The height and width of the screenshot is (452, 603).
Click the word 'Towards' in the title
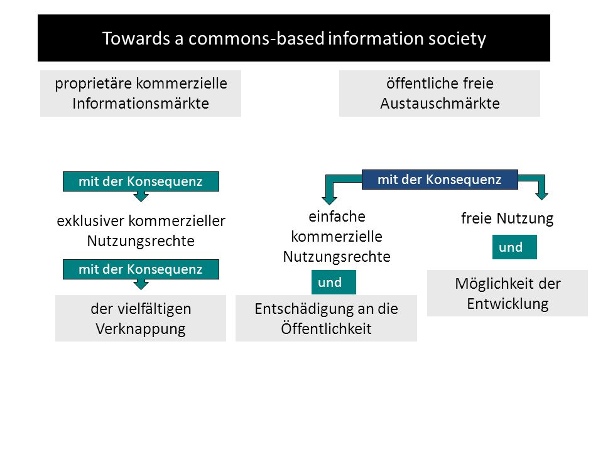(x=136, y=38)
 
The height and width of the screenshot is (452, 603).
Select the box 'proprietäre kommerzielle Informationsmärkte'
(x=141, y=94)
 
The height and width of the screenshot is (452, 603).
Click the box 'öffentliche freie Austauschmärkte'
(x=440, y=94)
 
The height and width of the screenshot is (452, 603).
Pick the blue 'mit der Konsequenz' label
(x=440, y=180)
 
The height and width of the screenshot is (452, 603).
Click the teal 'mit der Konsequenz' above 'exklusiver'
(x=141, y=181)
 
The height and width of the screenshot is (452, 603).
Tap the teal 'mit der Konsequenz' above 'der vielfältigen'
(x=141, y=269)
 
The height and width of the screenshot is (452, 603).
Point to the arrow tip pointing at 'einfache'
(x=329, y=204)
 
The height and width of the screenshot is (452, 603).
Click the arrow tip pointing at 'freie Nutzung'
(x=541, y=200)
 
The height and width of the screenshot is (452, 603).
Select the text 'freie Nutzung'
(x=508, y=218)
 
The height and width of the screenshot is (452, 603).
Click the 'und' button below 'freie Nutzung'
(x=514, y=247)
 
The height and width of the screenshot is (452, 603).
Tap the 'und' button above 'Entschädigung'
(x=334, y=282)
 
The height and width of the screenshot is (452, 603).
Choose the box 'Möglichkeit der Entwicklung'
(x=508, y=293)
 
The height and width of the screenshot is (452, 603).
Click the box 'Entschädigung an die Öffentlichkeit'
(x=326, y=318)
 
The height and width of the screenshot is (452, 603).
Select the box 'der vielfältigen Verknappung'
(x=141, y=318)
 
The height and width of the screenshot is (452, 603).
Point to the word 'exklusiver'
(x=90, y=221)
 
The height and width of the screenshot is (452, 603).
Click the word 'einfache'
(x=337, y=217)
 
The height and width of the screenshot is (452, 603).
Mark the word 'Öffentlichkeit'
(x=326, y=328)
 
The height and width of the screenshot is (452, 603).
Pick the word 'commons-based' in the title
(x=256, y=38)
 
